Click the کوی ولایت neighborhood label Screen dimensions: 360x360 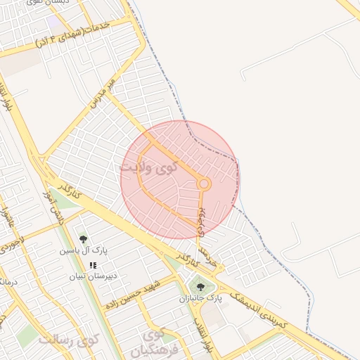148,168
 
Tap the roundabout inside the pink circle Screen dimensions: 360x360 204,184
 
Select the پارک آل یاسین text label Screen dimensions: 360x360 83,250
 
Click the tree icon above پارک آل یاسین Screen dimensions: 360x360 83,239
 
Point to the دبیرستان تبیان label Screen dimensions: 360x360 86,276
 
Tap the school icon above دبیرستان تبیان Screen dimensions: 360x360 93,265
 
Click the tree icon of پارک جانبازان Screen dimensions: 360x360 201,286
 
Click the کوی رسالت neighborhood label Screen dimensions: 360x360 70,340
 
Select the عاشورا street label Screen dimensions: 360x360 8,214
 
